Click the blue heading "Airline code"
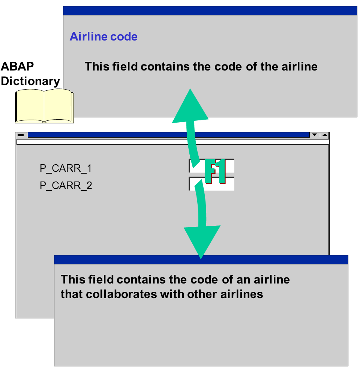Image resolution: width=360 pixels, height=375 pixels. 103,37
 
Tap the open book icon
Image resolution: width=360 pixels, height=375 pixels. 44,106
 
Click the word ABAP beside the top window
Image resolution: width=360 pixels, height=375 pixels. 17,66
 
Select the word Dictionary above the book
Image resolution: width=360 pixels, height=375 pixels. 30,81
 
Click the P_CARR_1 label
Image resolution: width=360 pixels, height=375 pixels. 66,168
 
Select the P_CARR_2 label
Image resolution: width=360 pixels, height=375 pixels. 66,186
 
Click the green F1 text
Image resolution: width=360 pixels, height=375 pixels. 215,172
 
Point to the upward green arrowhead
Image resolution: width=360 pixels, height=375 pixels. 190,107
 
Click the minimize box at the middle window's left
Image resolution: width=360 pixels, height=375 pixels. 21,135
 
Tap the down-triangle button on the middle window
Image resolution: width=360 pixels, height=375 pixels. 315,135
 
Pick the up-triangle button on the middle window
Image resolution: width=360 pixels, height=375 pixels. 324,135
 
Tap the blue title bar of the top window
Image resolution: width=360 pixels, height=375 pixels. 210,10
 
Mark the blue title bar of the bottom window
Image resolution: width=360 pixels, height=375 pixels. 201,259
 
